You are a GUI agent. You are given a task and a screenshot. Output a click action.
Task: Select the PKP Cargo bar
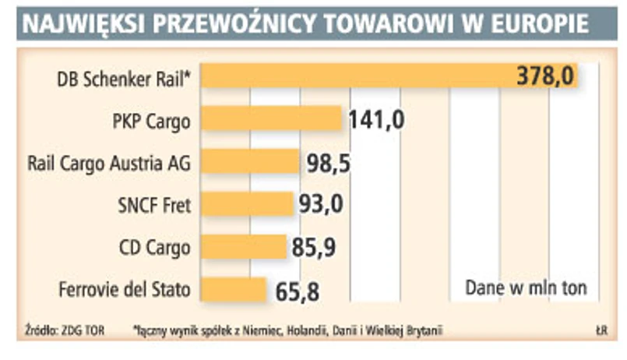pyautogui.click(x=273, y=120)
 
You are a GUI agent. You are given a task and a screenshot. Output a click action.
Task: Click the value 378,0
pyautogui.click(x=545, y=76)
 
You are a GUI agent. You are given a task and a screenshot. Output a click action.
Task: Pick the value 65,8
pyautogui.click(x=298, y=291)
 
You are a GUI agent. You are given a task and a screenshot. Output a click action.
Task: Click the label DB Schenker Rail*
pyautogui.click(x=124, y=79)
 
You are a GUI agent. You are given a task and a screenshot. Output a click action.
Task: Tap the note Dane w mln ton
pyautogui.click(x=526, y=287)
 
